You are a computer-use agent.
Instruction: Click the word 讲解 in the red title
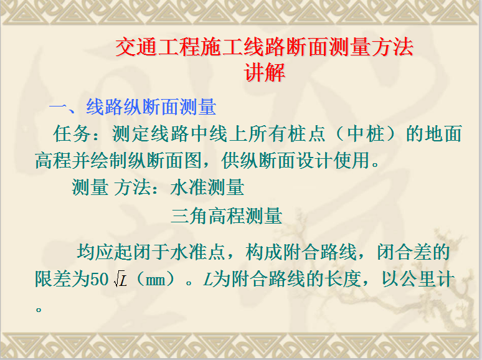pos(265,73)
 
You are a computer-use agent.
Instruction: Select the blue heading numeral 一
pos(59,108)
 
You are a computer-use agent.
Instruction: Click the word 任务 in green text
pos(72,134)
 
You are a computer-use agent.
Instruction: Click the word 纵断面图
pos(165,160)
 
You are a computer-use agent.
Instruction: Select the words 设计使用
pos(334,160)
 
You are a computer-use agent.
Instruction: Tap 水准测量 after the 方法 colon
pos(207,187)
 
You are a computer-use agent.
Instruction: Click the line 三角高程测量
pos(227,216)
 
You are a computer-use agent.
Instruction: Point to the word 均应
pos(95,252)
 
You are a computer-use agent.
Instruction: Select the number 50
pos(100,280)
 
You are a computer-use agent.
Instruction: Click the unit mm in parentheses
pos(155,280)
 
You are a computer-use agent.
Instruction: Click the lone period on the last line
pos(39,309)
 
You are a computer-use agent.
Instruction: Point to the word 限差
pos(53,279)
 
